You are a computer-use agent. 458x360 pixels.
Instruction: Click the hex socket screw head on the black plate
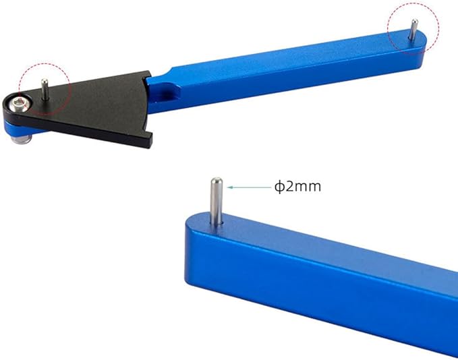pyautogui.click(x=17, y=104)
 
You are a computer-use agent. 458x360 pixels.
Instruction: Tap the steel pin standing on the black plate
pyautogui.click(x=45, y=89)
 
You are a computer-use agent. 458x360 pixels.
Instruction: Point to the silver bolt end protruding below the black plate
pyautogui.click(x=21, y=140)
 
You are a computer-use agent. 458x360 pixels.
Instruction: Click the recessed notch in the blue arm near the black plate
pyautogui.click(x=165, y=92)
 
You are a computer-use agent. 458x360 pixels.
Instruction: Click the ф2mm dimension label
pyautogui.click(x=297, y=187)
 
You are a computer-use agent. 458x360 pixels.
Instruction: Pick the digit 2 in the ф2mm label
pyautogui.click(x=290, y=186)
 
